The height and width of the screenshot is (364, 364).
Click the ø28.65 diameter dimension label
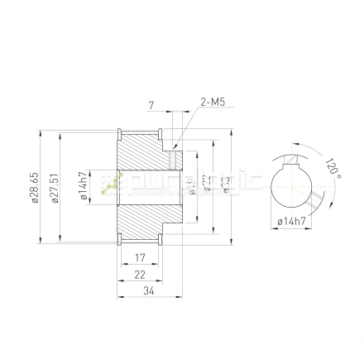point(34,189)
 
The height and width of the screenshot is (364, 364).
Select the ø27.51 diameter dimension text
point(55,189)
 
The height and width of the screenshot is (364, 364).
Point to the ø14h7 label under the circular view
point(290,222)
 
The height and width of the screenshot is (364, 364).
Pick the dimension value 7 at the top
point(151,105)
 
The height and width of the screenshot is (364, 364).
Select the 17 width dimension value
point(139,258)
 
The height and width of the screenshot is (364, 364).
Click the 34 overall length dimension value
point(149,290)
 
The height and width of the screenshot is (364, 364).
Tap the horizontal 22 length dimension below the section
point(139,274)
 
